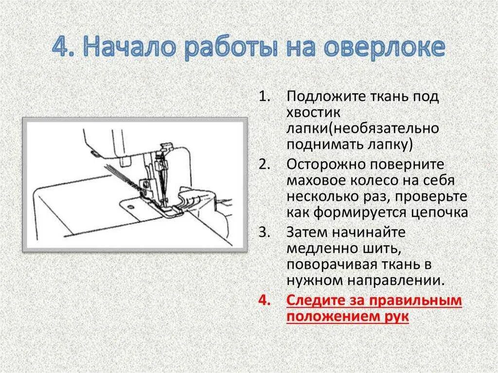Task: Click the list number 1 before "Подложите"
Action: click(x=264, y=97)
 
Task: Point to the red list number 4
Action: click(x=264, y=301)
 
